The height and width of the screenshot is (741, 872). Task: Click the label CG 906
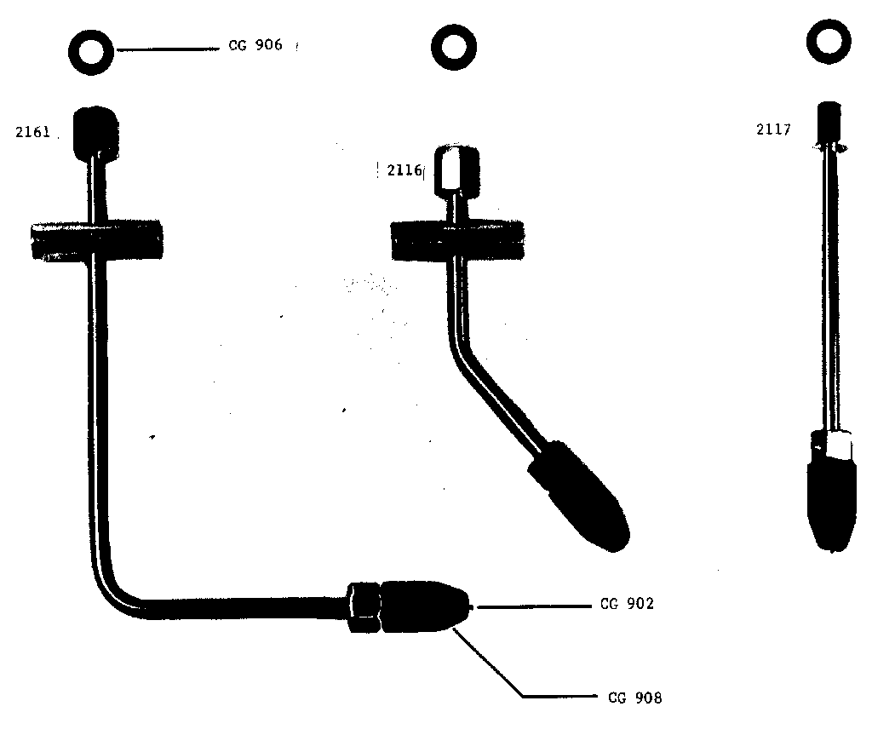(255, 46)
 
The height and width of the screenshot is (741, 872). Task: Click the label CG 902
(627, 605)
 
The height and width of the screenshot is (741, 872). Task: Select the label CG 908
(634, 698)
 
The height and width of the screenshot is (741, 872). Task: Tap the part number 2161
(33, 132)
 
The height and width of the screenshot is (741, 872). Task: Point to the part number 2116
(404, 170)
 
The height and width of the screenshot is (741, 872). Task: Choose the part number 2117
(773, 129)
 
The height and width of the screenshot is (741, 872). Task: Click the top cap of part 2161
(93, 129)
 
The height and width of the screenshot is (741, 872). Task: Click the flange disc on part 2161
(95, 241)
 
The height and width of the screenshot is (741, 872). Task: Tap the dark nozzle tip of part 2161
(423, 606)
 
